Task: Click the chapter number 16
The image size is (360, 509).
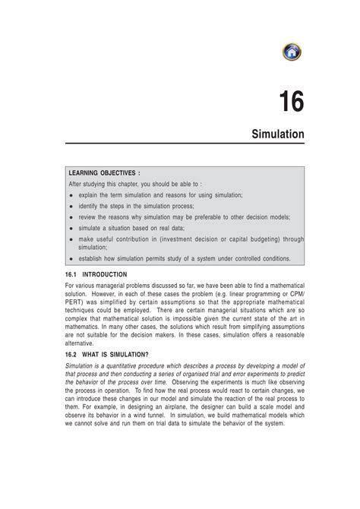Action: (291, 102)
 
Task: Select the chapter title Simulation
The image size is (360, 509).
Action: (278, 134)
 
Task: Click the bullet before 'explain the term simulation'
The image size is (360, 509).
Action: (71, 195)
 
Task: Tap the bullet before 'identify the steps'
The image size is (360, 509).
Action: (71, 206)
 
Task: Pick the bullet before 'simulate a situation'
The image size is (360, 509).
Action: (71, 227)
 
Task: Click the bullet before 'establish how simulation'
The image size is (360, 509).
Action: (71, 258)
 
